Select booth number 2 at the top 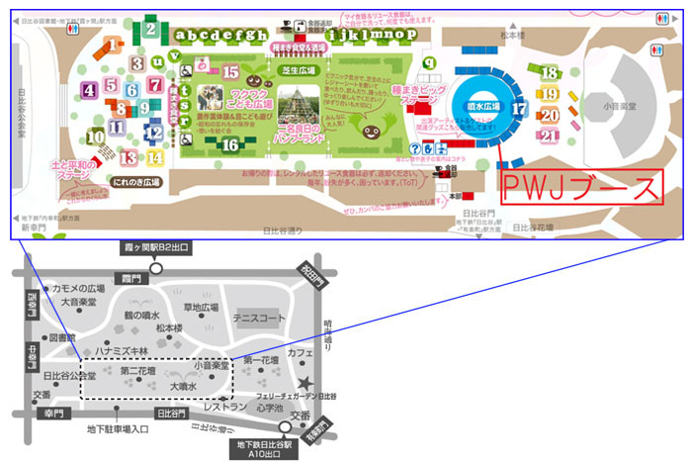[149, 29]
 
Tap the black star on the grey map [309, 382]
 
